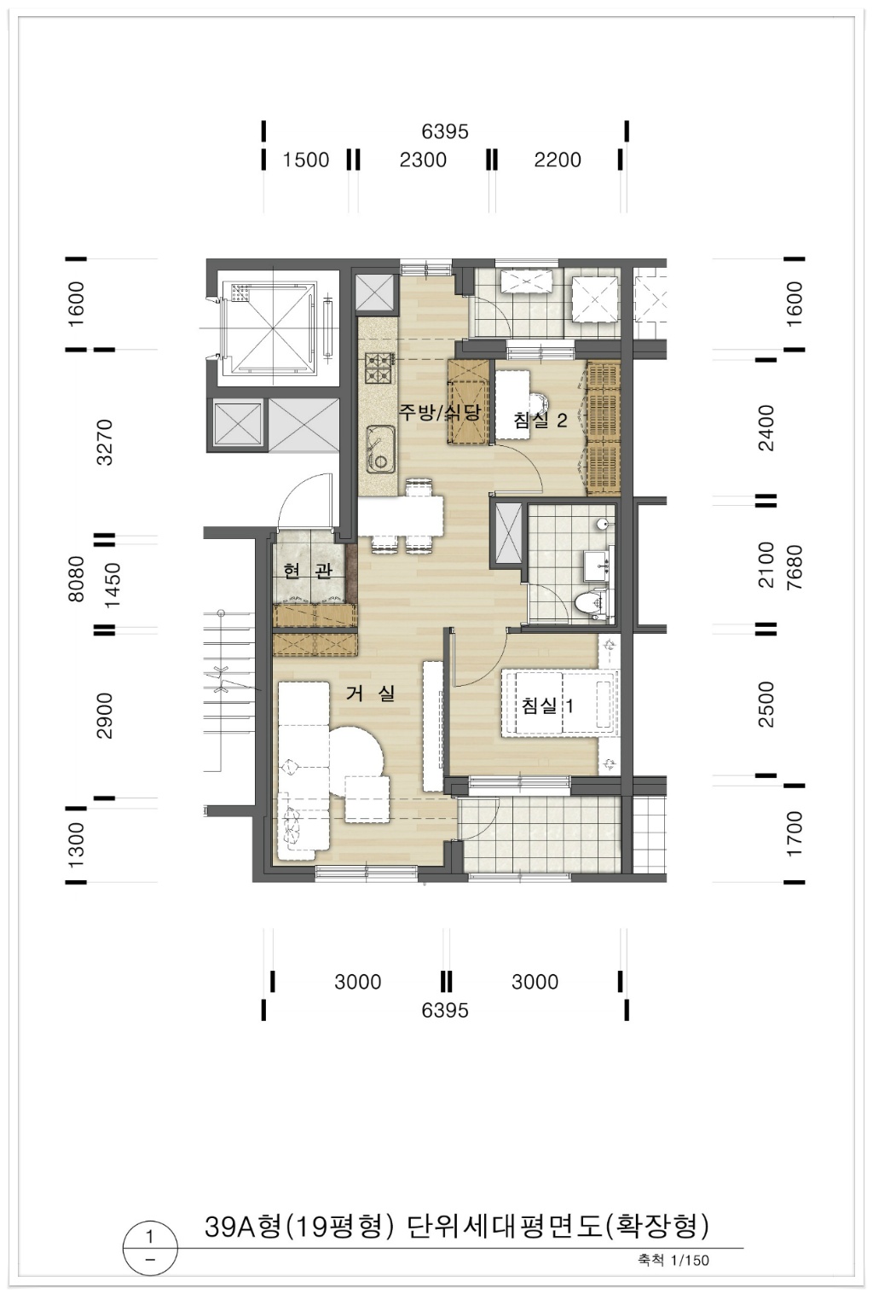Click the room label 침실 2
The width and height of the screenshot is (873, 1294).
tap(541, 420)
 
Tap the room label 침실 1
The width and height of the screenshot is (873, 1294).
tap(547, 705)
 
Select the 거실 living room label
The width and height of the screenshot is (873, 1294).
tap(370, 693)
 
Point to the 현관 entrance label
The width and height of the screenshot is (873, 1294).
tap(308, 571)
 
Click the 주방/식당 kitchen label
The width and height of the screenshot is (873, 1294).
tap(441, 412)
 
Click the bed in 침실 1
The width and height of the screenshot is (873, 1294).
tap(560, 703)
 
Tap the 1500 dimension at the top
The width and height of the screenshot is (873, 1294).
tap(305, 160)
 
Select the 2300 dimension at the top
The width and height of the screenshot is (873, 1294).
tap(423, 160)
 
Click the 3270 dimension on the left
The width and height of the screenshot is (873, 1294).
tap(106, 443)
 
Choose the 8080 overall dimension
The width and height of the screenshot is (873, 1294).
tap(76, 578)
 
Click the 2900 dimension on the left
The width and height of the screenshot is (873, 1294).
tap(106, 716)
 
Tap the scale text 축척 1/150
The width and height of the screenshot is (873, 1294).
tap(674, 1260)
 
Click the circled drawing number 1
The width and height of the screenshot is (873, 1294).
tap(150, 1238)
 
